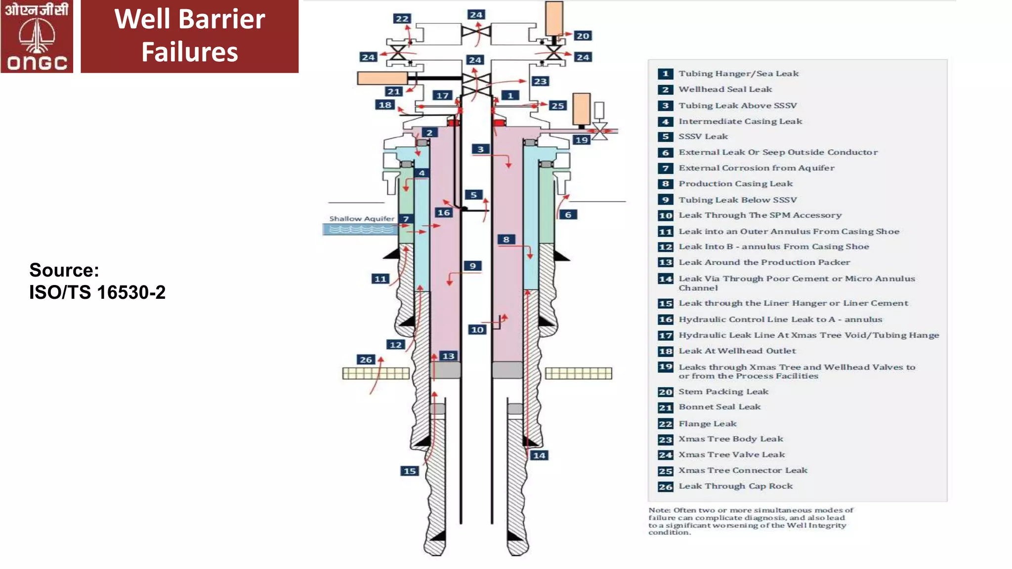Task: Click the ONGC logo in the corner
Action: (37, 37)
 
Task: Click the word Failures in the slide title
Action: (190, 52)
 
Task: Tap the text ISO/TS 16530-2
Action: (97, 292)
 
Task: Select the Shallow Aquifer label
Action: (362, 218)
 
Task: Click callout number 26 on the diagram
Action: (366, 360)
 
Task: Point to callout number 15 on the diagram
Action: (410, 471)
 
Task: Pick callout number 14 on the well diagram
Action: (539, 455)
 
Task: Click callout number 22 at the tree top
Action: (402, 19)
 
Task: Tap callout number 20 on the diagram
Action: (583, 36)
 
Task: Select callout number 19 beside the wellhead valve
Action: (582, 140)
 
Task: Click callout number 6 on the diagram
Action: (568, 215)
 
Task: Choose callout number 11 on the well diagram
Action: (380, 279)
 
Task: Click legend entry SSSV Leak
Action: (703, 137)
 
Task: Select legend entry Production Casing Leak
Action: (735, 184)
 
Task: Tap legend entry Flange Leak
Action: (707, 424)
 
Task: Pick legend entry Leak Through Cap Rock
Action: (735, 486)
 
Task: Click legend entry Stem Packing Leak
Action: (723, 392)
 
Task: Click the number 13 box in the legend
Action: (666, 262)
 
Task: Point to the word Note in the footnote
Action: (659, 510)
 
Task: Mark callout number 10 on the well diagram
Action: (477, 329)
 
